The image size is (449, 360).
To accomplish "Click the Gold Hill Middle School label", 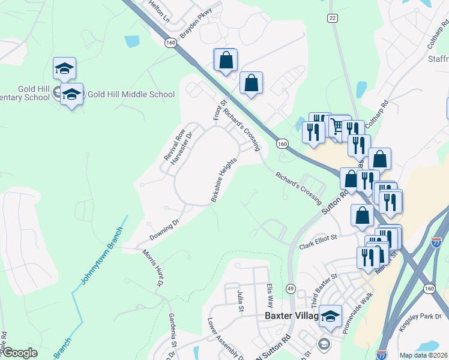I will click(131, 94).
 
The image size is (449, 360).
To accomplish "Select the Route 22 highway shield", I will click(332, 19).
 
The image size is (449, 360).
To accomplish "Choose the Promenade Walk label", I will click(358, 313).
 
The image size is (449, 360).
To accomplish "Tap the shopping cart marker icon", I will click(337, 125).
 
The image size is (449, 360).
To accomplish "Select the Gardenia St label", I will click(172, 331).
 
